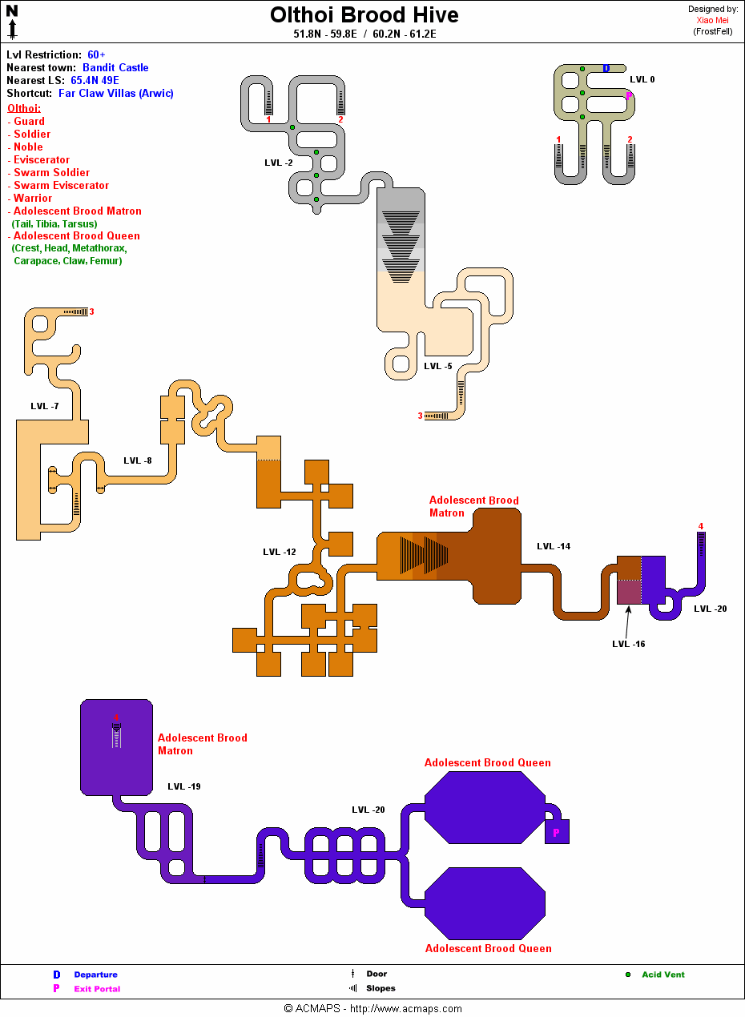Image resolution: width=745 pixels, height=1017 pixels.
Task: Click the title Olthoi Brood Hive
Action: click(364, 15)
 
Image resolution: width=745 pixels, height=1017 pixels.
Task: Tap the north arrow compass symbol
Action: click(12, 22)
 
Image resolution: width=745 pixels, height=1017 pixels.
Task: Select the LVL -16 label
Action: click(628, 644)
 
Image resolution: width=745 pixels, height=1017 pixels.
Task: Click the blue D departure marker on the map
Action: click(606, 69)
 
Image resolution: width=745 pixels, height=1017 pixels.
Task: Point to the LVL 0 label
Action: click(642, 79)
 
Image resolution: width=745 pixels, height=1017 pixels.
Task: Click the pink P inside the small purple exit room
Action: click(557, 833)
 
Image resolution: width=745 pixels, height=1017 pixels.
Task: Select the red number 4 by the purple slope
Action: click(701, 526)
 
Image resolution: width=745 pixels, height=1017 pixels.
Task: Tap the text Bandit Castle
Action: click(115, 68)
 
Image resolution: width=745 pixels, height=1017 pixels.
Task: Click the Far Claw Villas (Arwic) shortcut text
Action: click(116, 94)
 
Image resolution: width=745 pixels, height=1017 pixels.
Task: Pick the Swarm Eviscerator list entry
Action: click(61, 186)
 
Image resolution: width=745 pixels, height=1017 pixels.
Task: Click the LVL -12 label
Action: click(279, 552)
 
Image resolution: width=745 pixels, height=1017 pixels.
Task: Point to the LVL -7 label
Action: click(44, 406)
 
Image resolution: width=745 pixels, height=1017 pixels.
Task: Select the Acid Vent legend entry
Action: click(662, 975)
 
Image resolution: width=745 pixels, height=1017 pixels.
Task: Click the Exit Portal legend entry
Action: click(97, 989)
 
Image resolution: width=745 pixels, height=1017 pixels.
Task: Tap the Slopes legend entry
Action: click(381, 988)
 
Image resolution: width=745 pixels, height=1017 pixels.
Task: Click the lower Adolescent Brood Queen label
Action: click(488, 948)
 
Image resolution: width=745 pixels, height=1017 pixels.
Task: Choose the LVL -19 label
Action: click(183, 786)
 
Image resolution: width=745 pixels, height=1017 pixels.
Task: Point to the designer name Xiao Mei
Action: click(712, 21)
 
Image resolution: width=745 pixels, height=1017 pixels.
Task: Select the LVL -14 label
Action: click(554, 546)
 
